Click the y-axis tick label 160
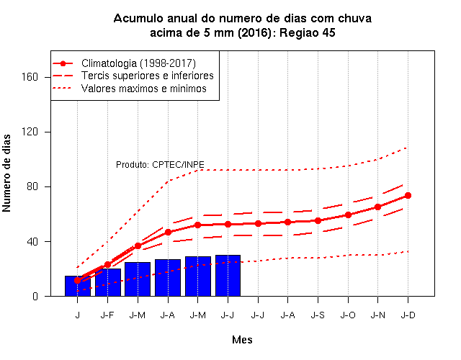pyautogui.click(x=30, y=77)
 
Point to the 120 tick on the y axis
pyautogui.click(x=30, y=132)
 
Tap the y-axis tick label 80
pyautogui.click(x=32, y=186)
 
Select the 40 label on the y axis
pyautogui.click(x=32, y=242)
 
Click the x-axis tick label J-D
pyautogui.click(x=408, y=315)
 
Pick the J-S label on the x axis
pyautogui.click(x=318, y=315)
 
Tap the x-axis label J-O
pyautogui.click(x=348, y=315)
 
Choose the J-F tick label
pyautogui.click(x=107, y=315)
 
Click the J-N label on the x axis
pyautogui.click(x=378, y=315)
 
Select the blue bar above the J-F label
pyautogui.click(x=108, y=282)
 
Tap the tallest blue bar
pyautogui.click(x=228, y=276)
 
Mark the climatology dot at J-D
pyautogui.click(x=408, y=195)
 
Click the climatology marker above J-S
pyautogui.click(x=318, y=220)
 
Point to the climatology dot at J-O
pyautogui.click(x=348, y=215)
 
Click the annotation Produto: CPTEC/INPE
pyautogui.click(x=160, y=165)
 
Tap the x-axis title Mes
pyautogui.click(x=242, y=340)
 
